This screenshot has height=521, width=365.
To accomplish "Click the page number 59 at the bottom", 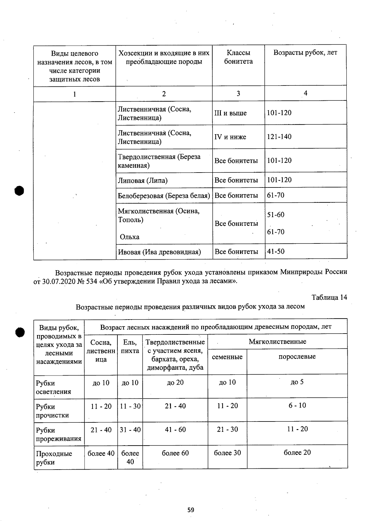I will [x=191, y=510].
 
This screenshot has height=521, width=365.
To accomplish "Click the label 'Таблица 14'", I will [x=329, y=297].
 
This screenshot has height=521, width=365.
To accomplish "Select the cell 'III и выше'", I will [x=231, y=113].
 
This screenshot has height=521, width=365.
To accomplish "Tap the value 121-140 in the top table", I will [x=279, y=137].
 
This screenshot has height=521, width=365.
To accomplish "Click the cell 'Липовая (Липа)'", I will [x=143, y=180].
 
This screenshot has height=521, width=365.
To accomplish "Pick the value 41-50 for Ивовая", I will [x=276, y=251].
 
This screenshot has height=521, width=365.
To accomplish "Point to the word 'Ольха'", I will [x=130, y=237].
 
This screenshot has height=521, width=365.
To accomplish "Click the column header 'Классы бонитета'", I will [x=238, y=57].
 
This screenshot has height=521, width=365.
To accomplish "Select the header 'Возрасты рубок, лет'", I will [x=305, y=52].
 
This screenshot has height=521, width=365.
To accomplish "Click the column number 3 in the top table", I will [x=238, y=93].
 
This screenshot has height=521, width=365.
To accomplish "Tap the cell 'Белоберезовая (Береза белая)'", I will [x=164, y=196].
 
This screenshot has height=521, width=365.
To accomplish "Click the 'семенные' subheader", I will [x=227, y=357].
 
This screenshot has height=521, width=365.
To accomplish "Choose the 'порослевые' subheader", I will [x=297, y=356].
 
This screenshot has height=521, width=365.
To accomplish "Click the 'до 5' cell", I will [x=297, y=382].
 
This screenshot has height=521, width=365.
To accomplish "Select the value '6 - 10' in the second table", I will [x=297, y=405].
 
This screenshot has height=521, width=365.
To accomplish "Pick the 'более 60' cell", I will [x=175, y=453].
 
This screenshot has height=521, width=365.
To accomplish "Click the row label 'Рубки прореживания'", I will [x=58, y=434].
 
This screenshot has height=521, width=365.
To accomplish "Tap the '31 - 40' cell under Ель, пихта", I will [x=130, y=430].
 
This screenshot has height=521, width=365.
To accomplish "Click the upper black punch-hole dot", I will [x=19, y=191].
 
